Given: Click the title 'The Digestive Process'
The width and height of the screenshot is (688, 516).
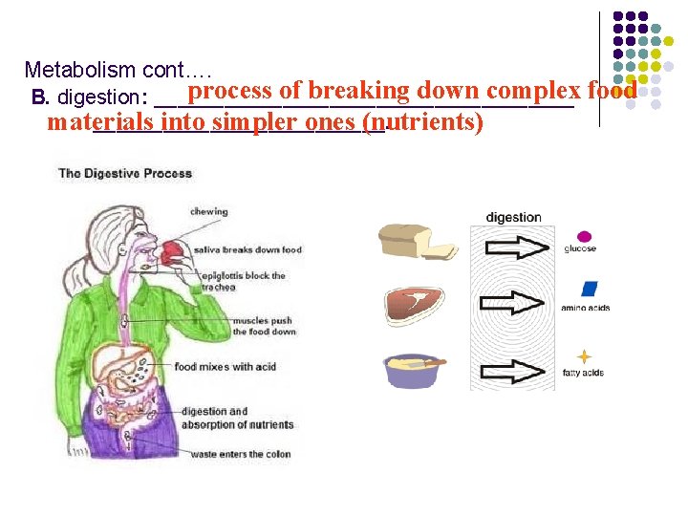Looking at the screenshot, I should coord(125,173).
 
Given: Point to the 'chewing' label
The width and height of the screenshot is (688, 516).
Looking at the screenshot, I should coord(209,212).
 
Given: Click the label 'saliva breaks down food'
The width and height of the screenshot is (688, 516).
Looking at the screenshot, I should coord(247,250).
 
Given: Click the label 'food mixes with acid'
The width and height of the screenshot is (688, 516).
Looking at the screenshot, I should coord(225,367).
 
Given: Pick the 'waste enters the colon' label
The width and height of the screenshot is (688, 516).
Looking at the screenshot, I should coord(240,454).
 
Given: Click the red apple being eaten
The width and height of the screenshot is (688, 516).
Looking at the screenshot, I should coord(172,253).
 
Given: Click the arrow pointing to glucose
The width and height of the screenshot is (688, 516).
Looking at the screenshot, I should coord(517,247).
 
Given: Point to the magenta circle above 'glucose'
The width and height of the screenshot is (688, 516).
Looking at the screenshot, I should coord(584,236).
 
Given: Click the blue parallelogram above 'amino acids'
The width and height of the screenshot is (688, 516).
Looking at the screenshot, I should coord(589,289).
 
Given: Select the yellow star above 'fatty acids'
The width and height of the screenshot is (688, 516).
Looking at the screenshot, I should coord(584,356).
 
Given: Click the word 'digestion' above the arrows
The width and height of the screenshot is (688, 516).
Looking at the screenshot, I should coord(513,217).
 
